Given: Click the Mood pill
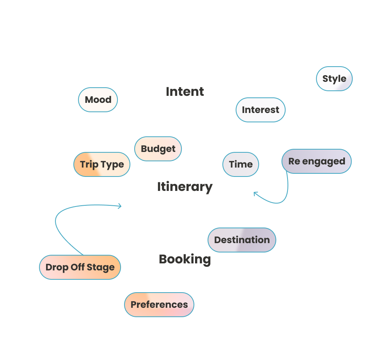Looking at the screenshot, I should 98,100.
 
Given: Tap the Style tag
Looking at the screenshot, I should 334,79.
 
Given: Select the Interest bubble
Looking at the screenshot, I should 260,110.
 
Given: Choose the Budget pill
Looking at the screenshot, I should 158,149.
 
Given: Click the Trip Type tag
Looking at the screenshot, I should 102,164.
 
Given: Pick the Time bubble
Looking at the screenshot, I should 241,164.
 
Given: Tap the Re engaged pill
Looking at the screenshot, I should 316,161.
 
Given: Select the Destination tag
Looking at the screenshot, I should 242,240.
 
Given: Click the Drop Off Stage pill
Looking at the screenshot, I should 80,267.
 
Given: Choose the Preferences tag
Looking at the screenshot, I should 159,305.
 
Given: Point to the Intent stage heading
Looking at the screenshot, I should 185,92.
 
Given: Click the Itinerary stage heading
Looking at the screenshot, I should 185,187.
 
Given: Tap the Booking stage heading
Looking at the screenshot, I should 185,259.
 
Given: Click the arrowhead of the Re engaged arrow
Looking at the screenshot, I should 256,193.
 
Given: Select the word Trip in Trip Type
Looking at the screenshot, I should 89,164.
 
